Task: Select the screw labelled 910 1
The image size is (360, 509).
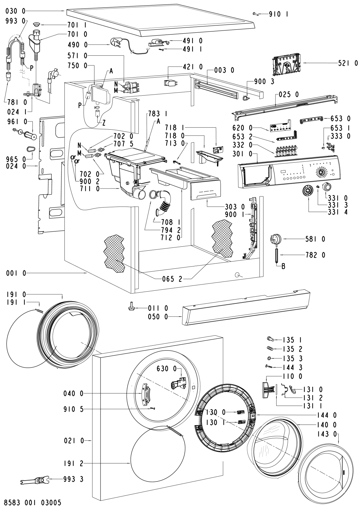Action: coord(256,14)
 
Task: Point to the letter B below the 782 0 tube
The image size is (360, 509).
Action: coord(283,266)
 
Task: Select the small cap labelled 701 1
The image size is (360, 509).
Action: coord(36,25)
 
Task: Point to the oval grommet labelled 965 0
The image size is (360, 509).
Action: coord(30,149)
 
